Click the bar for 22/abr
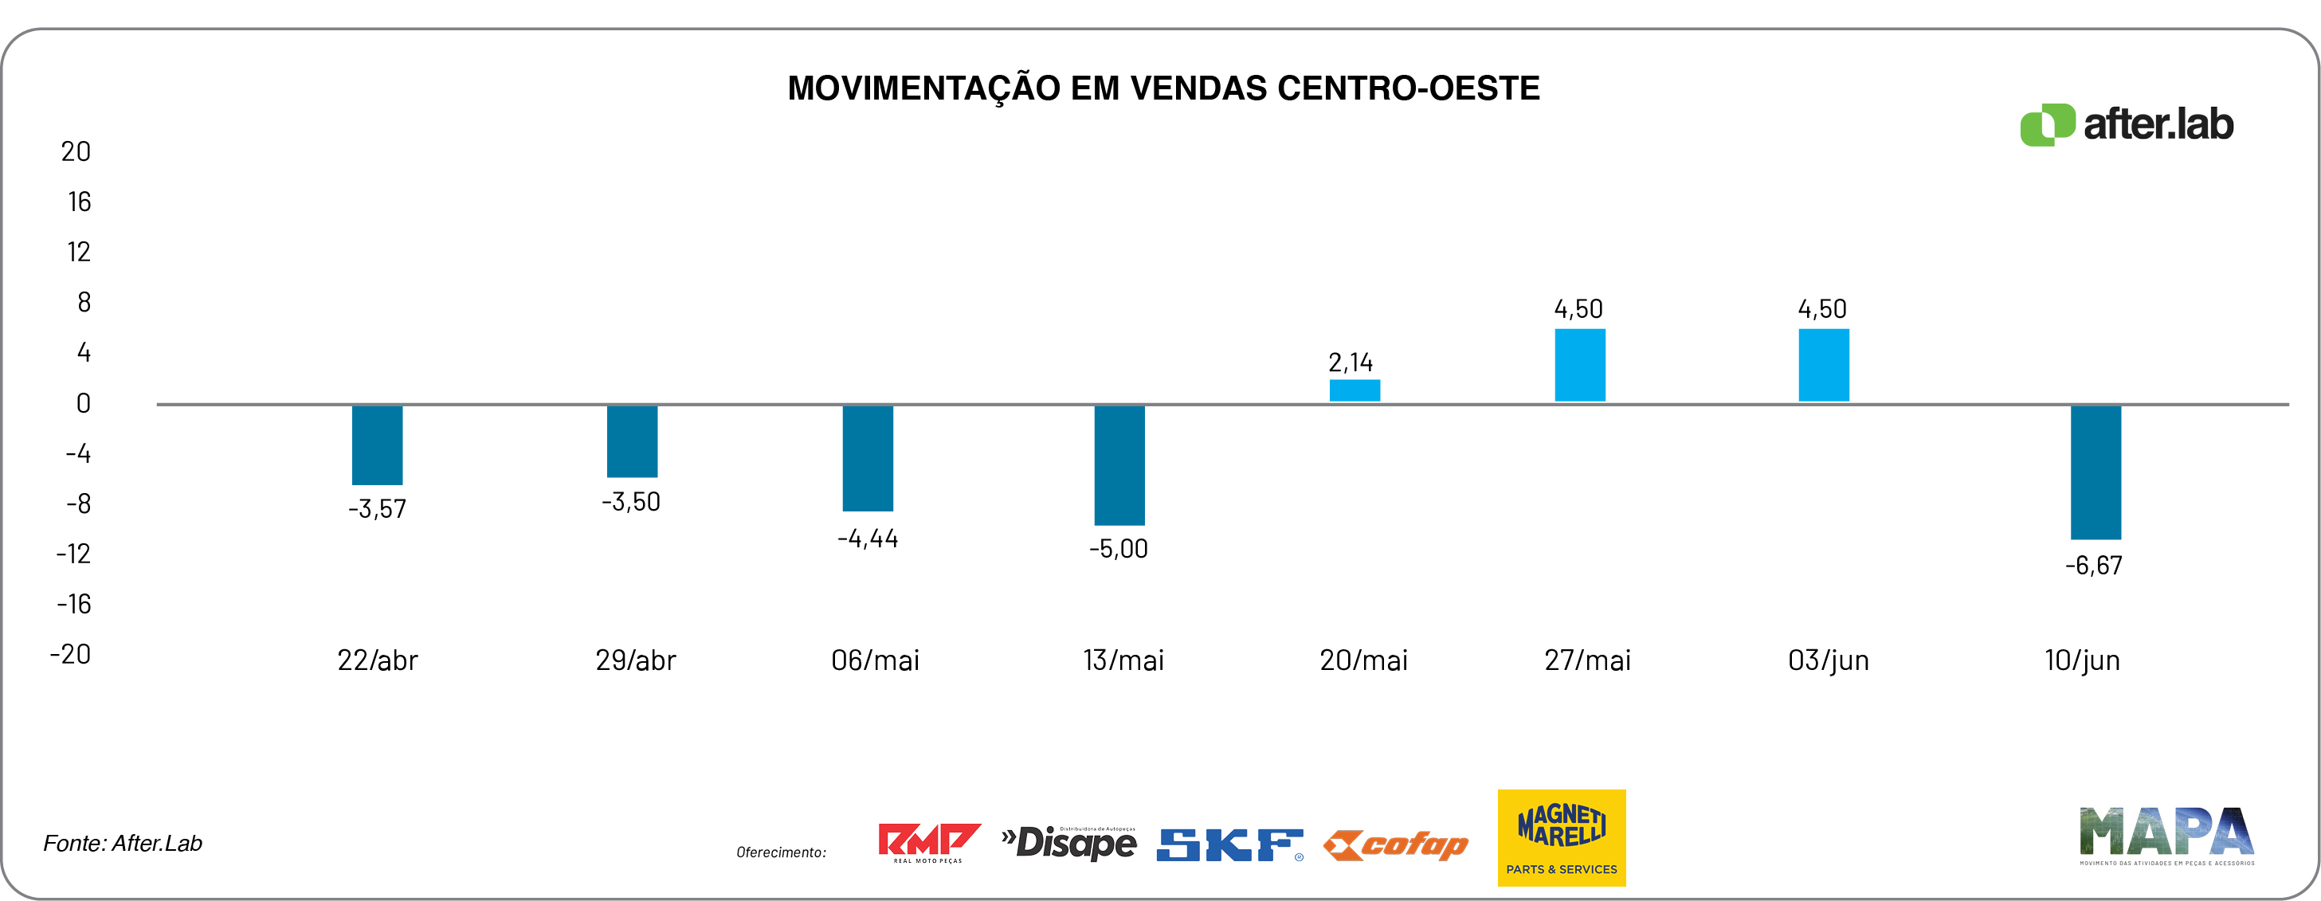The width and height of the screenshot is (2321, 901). point(378,445)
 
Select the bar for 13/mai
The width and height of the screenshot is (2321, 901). point(1119,465)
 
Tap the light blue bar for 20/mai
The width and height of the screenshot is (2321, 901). point(1355,390)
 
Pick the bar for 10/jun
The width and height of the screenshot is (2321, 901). point(2095,472)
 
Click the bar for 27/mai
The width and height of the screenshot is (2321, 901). point(1579,365)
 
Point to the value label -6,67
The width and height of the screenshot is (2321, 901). point(2093,566)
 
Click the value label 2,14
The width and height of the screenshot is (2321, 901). point(1350,362)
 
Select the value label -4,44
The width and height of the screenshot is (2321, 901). point(868,539)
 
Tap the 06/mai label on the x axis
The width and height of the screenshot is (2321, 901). point(875,660)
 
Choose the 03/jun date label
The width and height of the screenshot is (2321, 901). point(1828,660)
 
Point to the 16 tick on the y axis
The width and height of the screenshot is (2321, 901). point(80,202)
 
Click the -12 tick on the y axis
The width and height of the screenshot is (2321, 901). point(74,553)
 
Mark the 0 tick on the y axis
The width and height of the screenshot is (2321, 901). point(83,403)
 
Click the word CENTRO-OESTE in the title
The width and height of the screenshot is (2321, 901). point(1408,88)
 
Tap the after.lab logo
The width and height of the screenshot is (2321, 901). point(2127,124)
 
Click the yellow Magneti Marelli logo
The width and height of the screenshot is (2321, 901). point(1562,837)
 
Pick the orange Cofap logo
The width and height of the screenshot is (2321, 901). point(1396,845)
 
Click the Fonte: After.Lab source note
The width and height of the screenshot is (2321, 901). point(123,844)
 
